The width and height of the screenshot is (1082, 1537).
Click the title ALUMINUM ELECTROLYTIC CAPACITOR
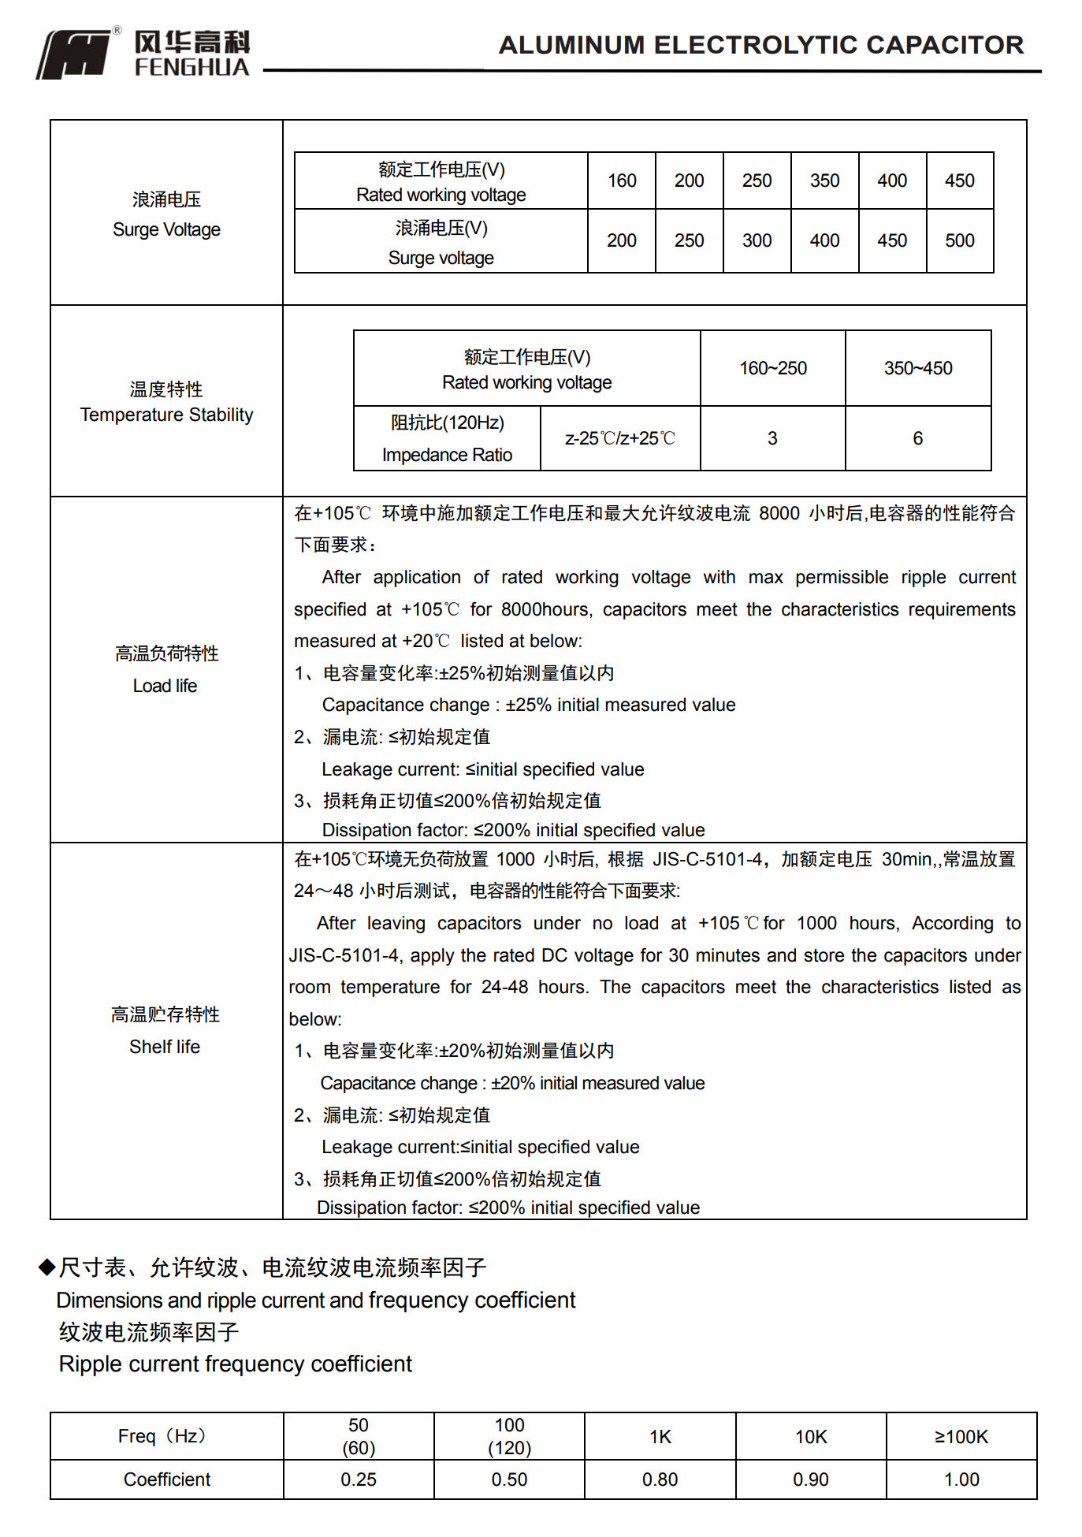(760, 45)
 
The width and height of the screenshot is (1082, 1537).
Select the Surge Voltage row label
(166, 214)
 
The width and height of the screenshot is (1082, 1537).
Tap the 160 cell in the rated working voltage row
(622, 180)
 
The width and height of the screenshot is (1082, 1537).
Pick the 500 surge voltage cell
(959, 240)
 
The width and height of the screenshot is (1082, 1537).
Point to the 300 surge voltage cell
(757, 240)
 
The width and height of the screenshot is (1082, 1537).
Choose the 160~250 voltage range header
(772, 368)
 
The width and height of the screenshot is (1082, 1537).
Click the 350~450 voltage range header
(918, 368)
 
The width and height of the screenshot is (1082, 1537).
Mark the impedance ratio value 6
(917, 438)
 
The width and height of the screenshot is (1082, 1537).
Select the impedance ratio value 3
(772, 438)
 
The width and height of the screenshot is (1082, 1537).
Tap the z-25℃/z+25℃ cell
(620, 438)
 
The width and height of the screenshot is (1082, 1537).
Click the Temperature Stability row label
(166, 402)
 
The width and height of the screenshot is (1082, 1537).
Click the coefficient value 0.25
(359, 1479)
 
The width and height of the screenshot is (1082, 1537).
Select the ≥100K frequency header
(961, 1436)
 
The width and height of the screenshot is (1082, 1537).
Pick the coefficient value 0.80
(660, 1479)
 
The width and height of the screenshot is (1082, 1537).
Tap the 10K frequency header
(811, 1436)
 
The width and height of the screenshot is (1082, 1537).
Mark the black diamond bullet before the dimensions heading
(47, 1267)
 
